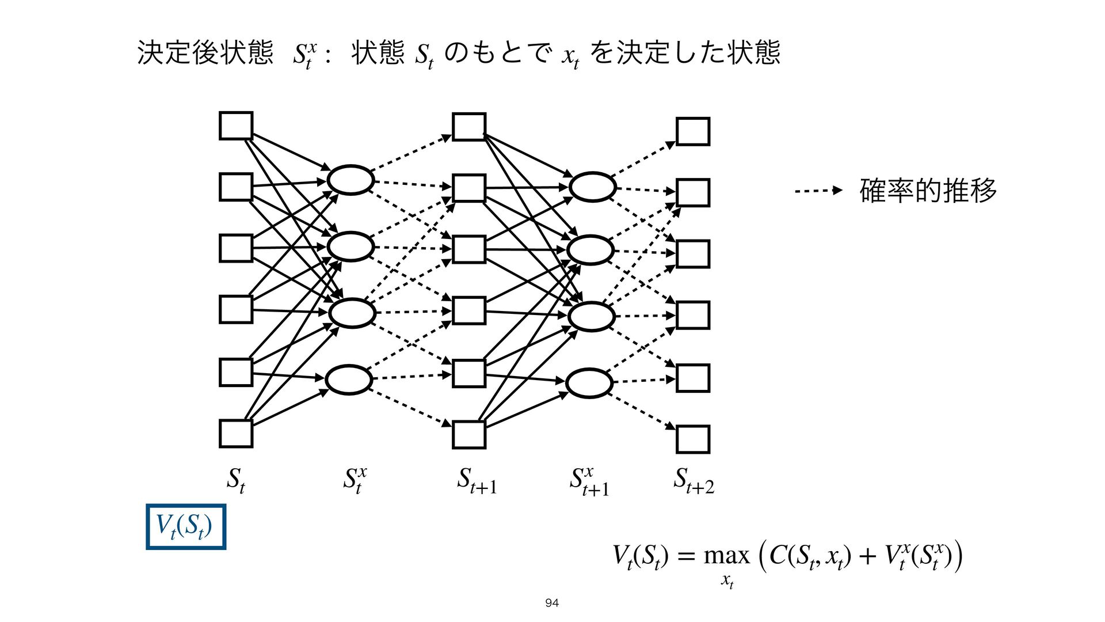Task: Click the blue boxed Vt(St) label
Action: [185, 526]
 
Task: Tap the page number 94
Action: [552, 603]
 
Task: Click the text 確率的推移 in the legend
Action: [928, 191]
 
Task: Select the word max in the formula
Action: [727, 555]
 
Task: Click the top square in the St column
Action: [236, 126]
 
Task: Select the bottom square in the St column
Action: [236, 434]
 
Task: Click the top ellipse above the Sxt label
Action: [350, 180]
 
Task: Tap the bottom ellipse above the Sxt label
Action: [349, 380]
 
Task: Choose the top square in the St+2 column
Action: [692, 131]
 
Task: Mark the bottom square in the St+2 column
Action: [692, 439]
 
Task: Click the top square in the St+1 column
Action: [469, 127]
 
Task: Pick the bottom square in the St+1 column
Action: [469, 435]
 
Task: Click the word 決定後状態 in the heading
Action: [205, 53]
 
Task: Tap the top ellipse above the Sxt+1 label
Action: [592, 187]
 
